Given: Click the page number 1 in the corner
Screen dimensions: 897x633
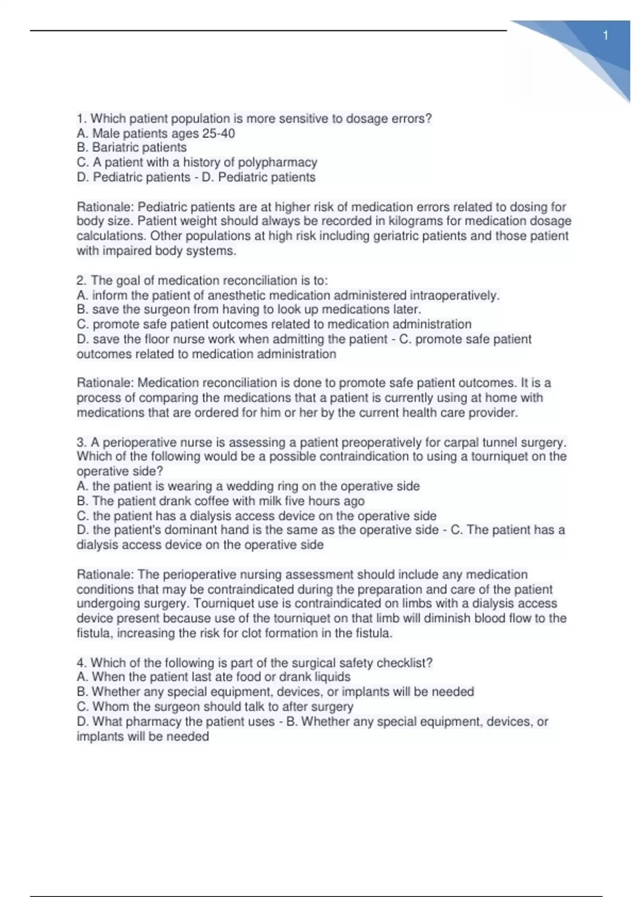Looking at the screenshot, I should pyautogui.click(x=606, y=36).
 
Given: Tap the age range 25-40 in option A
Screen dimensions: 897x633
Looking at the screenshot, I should pyautogui.click(x=218, y=133).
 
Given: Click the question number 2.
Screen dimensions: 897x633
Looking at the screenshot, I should pyautogui.click(x=81, y=281).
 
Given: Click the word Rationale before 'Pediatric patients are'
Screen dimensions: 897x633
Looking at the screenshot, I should pyautogui.click(x=104, y=207).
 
